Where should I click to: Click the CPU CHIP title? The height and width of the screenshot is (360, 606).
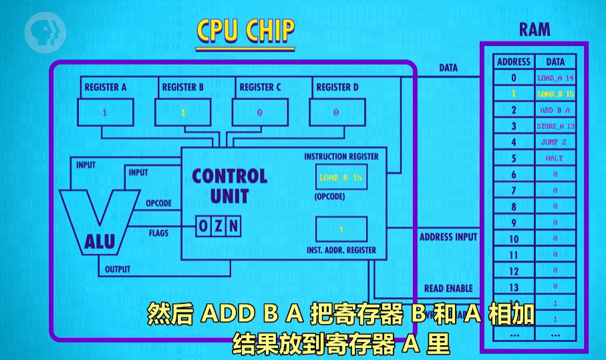[x=245, y=31]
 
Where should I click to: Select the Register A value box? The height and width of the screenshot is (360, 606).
[x=105, y=112]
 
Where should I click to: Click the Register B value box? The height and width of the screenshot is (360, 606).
[x=182, y=112]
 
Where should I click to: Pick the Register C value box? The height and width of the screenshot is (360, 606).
[x=259, y=112]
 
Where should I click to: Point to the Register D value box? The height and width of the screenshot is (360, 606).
[x=336, y=112]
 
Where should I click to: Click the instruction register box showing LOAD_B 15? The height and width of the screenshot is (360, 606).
[x=341, y=178]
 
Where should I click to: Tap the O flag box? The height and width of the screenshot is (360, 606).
[x=203, y=227]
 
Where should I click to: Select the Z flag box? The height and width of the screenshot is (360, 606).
[x=218, y=227]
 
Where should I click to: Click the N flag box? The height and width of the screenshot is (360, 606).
[x=233, y=227]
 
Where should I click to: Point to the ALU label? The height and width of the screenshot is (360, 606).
[x=100, y=242]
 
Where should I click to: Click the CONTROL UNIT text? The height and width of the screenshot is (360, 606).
[x=229, y=186]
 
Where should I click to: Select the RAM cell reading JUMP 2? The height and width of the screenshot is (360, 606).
[x=555, y=142]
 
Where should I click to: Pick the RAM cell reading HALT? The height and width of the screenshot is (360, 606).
[x=555, y=158]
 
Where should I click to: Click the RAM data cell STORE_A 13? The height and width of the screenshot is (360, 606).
[x=555, y=126]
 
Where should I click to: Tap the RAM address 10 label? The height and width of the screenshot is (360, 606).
[x=514, y=238]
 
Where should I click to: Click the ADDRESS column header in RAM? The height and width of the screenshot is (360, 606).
[x=514, y=62]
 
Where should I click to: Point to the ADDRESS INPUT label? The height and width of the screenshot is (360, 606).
[x=448, y=237]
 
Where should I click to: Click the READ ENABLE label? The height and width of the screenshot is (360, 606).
[x=448, y=289]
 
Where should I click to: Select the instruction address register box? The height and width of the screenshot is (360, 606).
[x=341, y=229]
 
